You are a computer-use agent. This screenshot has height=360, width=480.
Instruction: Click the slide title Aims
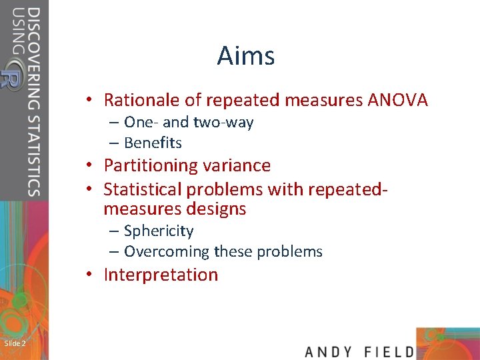245,56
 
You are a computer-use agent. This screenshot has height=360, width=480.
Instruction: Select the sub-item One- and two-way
189,123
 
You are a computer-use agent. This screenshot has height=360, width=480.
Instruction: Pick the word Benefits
153,143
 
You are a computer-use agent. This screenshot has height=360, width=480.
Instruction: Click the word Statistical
144,189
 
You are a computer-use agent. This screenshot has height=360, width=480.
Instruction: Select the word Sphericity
159,231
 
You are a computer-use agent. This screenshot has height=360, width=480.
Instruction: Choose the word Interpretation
161,275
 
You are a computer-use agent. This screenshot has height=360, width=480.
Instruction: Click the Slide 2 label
15,343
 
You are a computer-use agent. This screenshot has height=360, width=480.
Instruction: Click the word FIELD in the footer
389,351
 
